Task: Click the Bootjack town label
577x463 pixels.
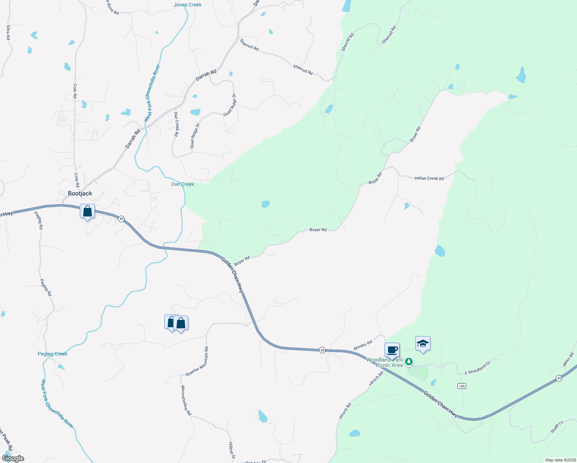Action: point(80,193)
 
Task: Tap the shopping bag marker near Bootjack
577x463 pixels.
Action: point(88,211)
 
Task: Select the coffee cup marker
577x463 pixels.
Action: point(392,350)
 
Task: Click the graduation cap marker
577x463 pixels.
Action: point(423,343)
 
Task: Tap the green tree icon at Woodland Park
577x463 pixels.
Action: point(409,362)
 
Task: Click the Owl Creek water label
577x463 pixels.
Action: point(182,184)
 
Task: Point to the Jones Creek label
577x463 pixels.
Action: point(187,5)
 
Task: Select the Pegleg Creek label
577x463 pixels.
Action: point(52,354)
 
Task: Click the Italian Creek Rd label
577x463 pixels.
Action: point(429,178)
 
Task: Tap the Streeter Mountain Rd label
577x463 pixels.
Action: point(197,362)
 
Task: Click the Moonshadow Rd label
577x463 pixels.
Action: point(186,400)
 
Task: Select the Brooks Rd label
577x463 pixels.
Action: point(363,345)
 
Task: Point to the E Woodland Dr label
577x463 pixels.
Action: point(477,368)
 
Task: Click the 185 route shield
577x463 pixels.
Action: point(462,386)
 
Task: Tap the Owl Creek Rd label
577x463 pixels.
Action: point(176,124)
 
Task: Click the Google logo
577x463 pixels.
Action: point(13,458)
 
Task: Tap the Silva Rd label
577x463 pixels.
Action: point(8,33)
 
